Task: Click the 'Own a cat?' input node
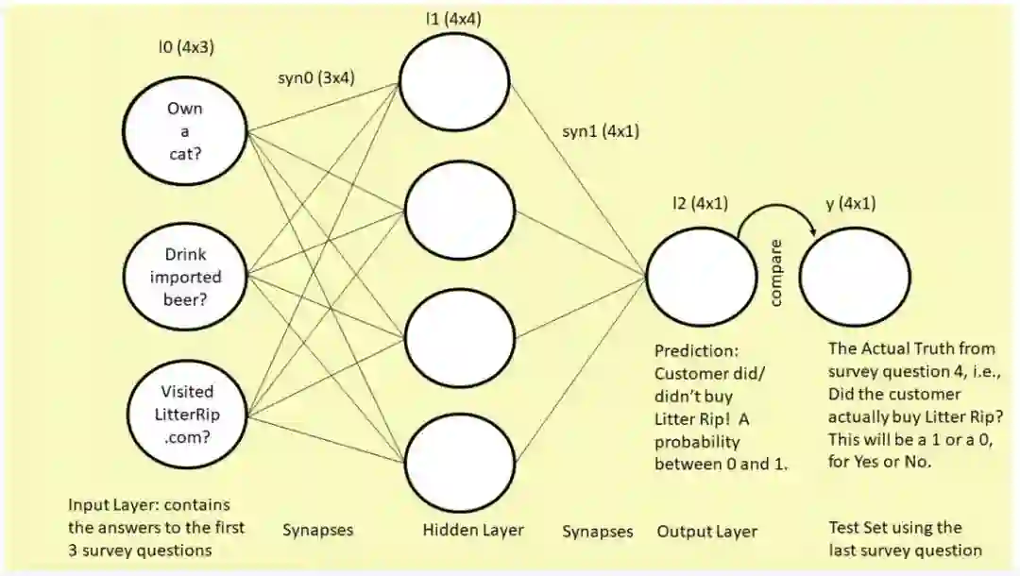click(x=184, y=131)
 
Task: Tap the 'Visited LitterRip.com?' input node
click(x=186, y=414)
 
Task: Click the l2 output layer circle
click(x=701, y=277)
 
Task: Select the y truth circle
click(x=855, y=277)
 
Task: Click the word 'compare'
click(x=776, y=272)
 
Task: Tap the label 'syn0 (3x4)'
click(x=316, y=78)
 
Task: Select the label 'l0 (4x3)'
click(x=185, y=45)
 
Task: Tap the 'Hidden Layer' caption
click(x=472, y=531)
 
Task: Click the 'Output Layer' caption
click(x=706, y=532)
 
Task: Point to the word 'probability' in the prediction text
click(x=697, y=441)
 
